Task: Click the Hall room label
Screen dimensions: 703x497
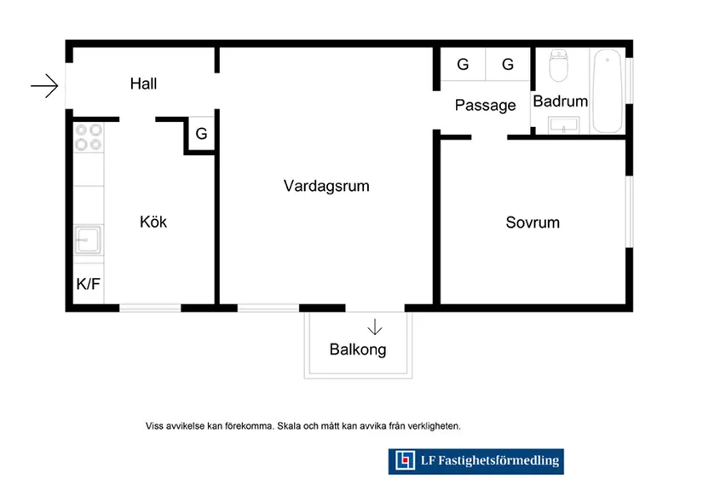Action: (143, 84)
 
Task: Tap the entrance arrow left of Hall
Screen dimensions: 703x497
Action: (44, 85)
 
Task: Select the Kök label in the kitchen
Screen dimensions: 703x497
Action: (153, 222)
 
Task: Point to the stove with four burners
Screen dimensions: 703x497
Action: (89, 137)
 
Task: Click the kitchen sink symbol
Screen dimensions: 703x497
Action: (88, 240)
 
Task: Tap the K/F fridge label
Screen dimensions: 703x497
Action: (89, 284)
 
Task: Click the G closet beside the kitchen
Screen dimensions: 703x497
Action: (201, 134)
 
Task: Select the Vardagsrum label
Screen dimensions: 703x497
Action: (326, 186)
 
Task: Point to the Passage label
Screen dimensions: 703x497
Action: (485, 106)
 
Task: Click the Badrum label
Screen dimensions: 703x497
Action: (561, 101)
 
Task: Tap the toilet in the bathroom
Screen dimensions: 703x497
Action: (558, 66)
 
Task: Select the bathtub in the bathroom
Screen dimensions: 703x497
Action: (608, 91)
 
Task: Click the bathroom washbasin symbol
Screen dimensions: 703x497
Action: (563, 125)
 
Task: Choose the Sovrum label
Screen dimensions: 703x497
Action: (533, 222)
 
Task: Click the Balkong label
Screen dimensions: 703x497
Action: (358, 350)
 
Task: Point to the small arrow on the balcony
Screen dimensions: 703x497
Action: (375, 327)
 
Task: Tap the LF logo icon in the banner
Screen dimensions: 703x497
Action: (406, 460)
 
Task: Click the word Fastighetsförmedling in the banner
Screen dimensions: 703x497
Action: (498, 460)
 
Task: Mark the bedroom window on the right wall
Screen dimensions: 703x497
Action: (630, 211)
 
